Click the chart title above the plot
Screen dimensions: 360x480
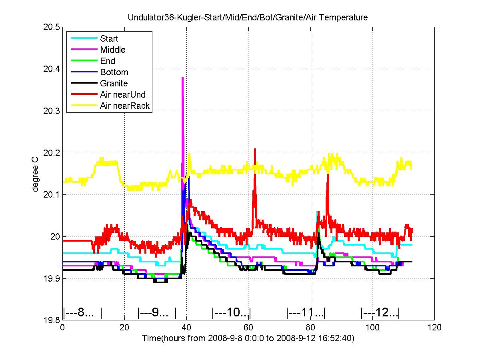coord(248,18)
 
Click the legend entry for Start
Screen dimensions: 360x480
coord(109,39)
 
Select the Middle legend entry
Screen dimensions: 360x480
coord(112,50)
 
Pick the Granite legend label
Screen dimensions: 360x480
coord(114,84)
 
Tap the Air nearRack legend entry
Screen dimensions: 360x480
coord(124,106)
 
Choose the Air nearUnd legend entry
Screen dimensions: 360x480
coord(123,95)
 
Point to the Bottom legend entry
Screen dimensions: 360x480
coord(114,72)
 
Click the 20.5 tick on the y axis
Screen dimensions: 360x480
coord(52,27)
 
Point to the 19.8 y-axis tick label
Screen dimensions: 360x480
coord(52,320)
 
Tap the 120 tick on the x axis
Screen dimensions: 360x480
coord(434,328)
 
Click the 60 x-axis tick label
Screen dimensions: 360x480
coord(248,328)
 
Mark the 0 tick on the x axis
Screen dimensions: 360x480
coord(62,328)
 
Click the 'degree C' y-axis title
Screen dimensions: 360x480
coord(36,174)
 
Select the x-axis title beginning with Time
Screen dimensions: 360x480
coord(248,338)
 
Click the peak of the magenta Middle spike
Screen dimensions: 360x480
coord(182,78)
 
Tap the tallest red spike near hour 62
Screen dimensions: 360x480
coord(255,149)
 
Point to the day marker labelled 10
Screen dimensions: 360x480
coord(231,312)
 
